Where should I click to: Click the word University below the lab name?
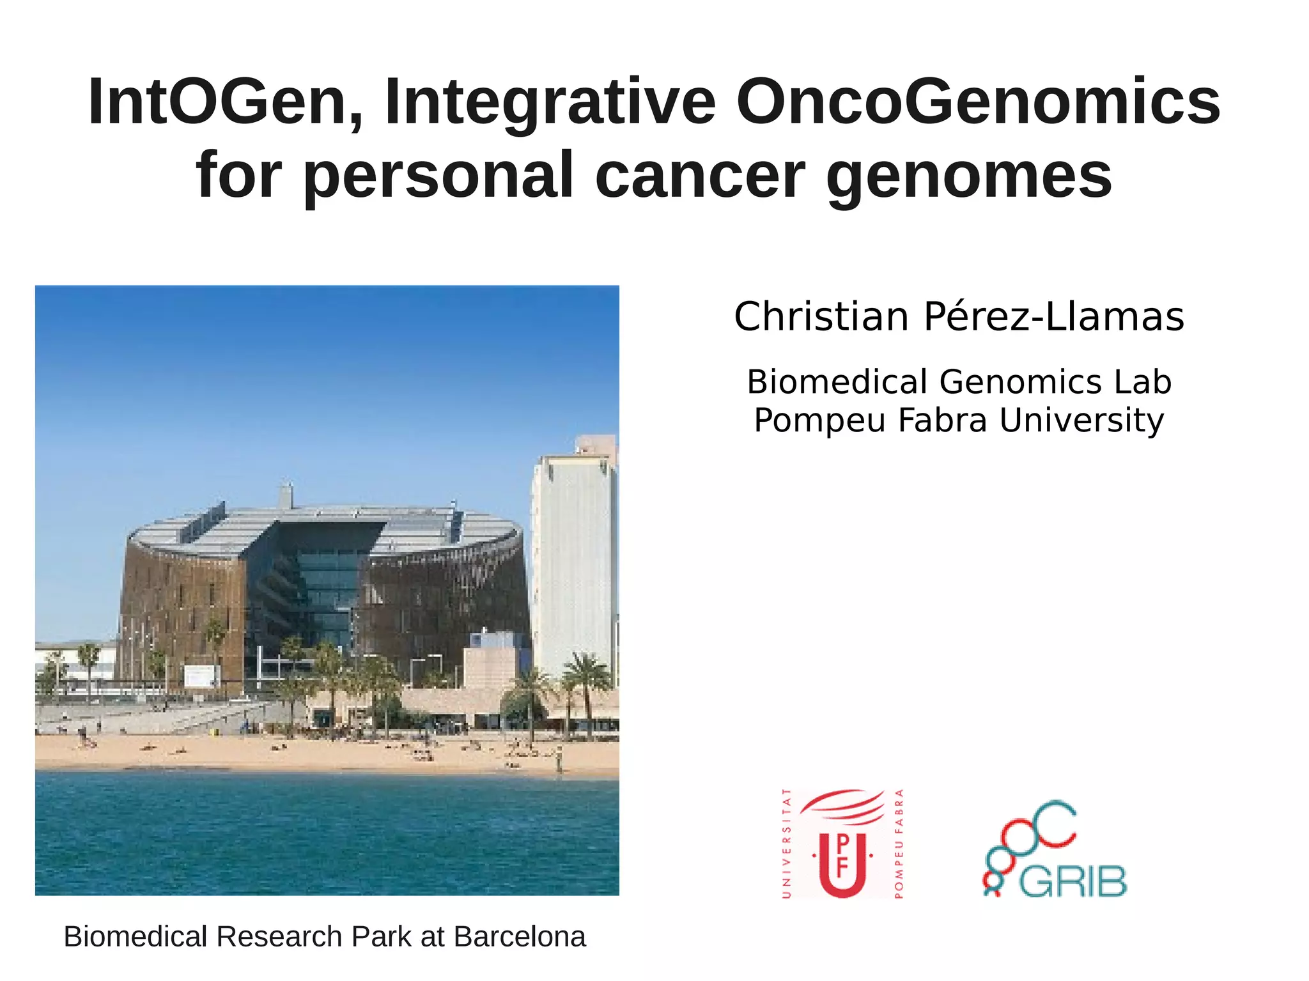(x=1081, y=421)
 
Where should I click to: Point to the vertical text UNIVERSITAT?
(x=787, y=844)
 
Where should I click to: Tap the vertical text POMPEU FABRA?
(x=898, y=844)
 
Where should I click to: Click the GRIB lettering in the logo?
(x=1073, y=883)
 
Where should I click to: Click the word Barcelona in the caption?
(x=520, y=937)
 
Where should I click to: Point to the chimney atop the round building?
(x=286, y=495)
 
